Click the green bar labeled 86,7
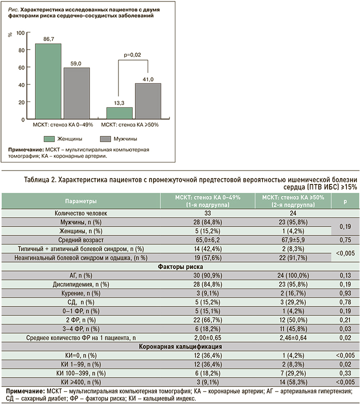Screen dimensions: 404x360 48,81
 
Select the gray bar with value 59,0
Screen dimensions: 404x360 76,93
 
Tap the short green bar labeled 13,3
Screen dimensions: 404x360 119,113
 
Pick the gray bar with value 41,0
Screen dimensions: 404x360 148,101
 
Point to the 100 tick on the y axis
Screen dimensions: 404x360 20,32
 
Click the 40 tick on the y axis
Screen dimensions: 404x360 20,85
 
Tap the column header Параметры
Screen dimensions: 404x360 80,201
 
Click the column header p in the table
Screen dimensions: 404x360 344,201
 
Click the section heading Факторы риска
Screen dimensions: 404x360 179,266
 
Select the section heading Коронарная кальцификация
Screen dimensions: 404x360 179,346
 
